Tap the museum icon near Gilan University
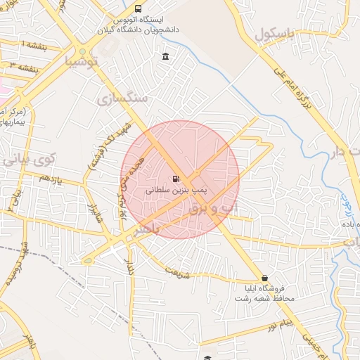165,56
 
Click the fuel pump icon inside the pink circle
175,178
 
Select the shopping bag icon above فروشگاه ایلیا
264,278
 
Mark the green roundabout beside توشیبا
83,52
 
